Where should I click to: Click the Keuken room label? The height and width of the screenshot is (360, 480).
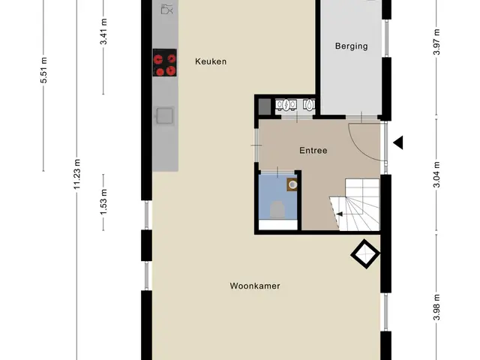point(211,61)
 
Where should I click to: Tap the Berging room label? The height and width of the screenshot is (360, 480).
point(352,46)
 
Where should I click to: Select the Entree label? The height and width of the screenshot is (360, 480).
point(313,151)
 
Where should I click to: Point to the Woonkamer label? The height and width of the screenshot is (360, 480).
point(255,286)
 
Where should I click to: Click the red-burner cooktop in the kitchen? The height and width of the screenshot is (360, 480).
point(165,63)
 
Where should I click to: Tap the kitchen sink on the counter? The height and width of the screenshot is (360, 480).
point(165,115)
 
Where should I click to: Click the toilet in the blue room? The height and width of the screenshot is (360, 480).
point(277,209)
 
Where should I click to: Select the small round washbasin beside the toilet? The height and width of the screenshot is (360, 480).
point(292,184)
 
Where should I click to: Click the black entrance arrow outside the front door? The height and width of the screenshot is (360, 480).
point(398,142)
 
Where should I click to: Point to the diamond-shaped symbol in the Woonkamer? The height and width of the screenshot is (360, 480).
point(365,253)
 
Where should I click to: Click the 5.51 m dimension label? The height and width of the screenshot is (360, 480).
point(43,70)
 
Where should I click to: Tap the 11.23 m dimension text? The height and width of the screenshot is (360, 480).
point(76,174)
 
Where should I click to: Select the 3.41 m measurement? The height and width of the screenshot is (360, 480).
point(103,31)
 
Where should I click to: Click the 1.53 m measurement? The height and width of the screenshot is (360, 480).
point(103,202)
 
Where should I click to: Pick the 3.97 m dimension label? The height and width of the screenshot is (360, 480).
point(436,42)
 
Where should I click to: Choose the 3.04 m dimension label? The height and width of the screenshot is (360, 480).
point(436,175)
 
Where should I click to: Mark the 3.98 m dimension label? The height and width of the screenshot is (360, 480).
point(436,307)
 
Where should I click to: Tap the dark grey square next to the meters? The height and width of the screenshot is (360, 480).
point(265,106)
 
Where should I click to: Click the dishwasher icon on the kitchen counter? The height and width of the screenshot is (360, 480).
point(166,9)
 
